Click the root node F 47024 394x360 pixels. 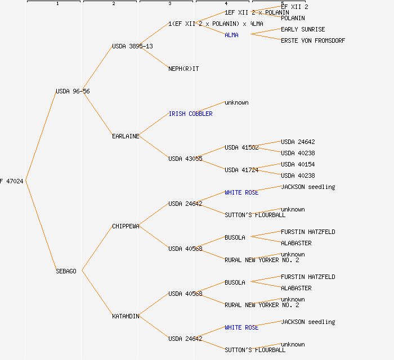tap(11, 181)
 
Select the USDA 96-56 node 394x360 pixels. tap(73, 91)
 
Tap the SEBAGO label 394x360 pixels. tap(66, 271)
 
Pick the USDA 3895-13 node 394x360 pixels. tap(132, 46)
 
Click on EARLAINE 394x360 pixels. tap(126, 136)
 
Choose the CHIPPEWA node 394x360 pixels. tap(126, 226)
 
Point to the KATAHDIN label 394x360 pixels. tap(126, 316)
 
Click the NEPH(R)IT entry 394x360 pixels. tap(183, 69)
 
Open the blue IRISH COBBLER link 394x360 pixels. tap(190, 114)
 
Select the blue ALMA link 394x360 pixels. tap(231, 35)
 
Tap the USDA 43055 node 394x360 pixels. tap(185, 159)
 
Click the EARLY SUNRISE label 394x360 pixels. tap(303, 29)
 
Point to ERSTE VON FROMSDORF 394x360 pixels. tap(313, 40)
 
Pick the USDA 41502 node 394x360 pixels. tap(241, 147)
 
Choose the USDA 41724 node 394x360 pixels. tap(241, 170)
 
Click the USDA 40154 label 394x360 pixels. tap(298, 164)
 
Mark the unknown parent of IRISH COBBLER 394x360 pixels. tap(236, 102)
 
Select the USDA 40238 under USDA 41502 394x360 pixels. tap(298, 153)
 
